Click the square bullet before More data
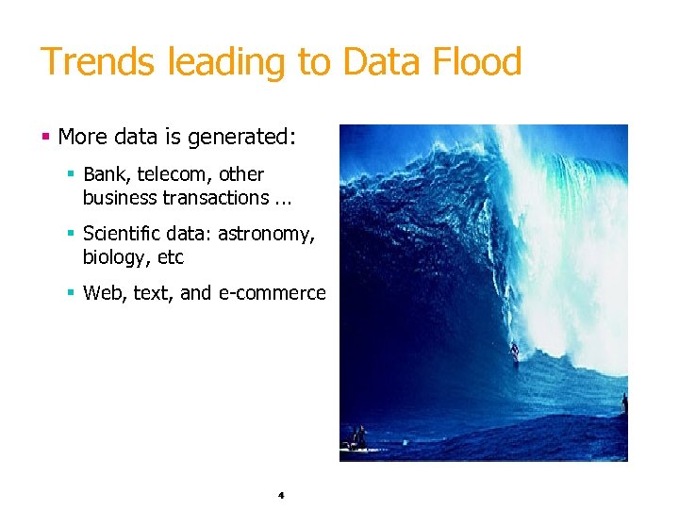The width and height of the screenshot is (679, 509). click(45, 138)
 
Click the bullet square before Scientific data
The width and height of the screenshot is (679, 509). click(71, 234)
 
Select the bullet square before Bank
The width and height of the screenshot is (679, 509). click(71, 174)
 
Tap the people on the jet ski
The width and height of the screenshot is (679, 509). click(357, 437)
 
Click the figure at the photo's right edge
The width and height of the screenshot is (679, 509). click(623, 404)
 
